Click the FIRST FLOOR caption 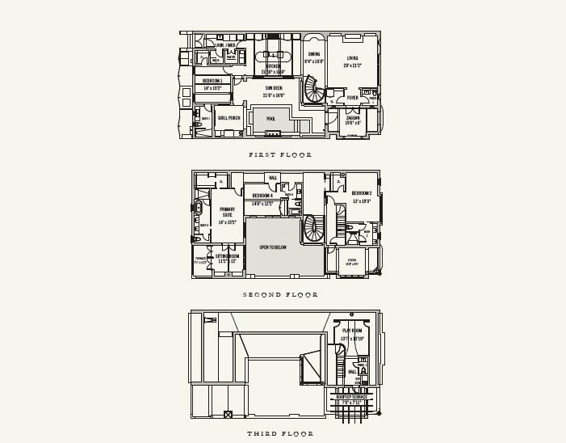click(280, 154)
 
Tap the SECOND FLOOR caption click(280, 295)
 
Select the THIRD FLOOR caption click(280, 434)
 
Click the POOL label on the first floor click(271, 118)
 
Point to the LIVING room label click(353, 58)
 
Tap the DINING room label click(313, 54)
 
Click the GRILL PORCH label click(229, 118)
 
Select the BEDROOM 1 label click(212, 81)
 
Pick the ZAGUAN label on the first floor click(353, 118)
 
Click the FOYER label click(353, 98)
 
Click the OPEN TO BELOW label click(273, 247)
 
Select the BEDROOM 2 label click(362, 193)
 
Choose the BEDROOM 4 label click(262, 196)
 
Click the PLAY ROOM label click(352, 331)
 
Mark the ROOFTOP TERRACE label click(351, 397)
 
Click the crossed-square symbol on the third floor click(228, 414)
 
